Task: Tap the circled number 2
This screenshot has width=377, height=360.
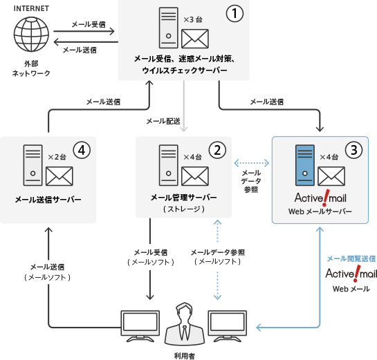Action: [x=217, y=150]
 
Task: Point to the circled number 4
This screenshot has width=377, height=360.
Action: [x=82, y=150]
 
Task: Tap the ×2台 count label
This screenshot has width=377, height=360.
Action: [x=56, y=158]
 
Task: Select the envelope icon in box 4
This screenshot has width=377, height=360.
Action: [x=59, y=177]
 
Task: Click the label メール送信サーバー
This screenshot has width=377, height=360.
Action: [x=48, y=200]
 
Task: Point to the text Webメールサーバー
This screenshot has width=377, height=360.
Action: [x=320, y=211]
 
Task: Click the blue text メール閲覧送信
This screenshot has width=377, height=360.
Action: [x=351, y=258]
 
